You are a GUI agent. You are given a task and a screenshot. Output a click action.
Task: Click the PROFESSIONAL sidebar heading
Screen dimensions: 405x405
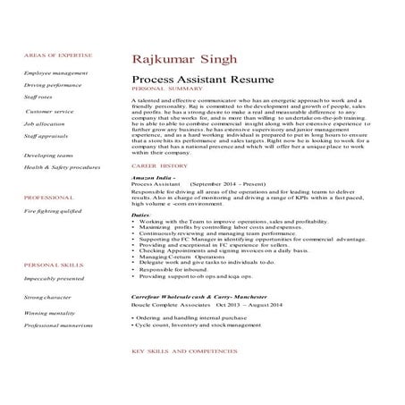48,197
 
